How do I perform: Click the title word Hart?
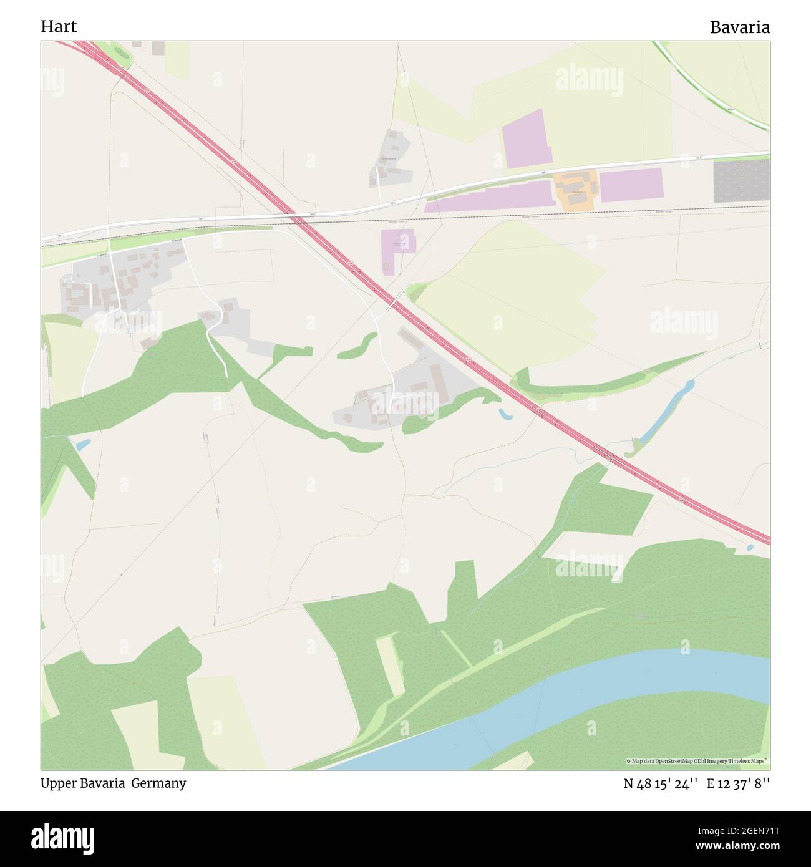click(x=59, y=26)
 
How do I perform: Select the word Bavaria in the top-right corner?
click(x=739, y=27)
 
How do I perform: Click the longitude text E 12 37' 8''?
click(x=738, y=784)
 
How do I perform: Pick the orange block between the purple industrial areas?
click(x=576, y=190)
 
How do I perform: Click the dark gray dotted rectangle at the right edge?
click(x=741, y=181)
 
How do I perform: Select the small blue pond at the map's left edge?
click(x=82, y=445)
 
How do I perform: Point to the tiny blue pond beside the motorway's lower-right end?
click(x=750, y=548)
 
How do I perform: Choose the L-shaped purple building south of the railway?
click(x=397, y=246)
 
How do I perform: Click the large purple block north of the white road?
click(x=525, y=138)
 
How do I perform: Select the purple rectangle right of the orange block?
click(x=631, y=185)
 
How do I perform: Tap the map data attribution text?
click(x=697, y=761)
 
